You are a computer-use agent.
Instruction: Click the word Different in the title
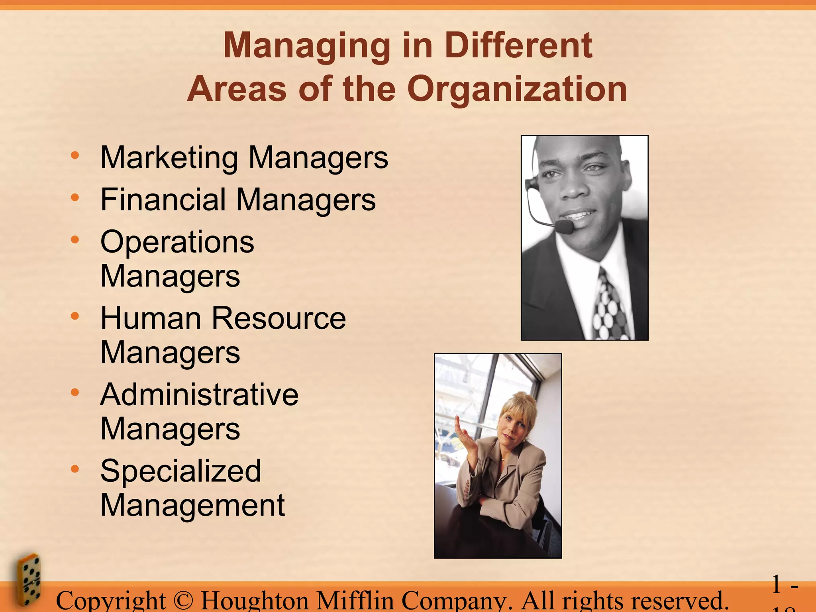click(x=518, y=45)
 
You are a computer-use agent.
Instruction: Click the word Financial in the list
click(x=163, y=200)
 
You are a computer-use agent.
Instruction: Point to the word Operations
click(x=177, y=242)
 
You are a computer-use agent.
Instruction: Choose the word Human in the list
click(x=151, y=318)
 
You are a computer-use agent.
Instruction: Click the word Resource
click(x=279, y=318)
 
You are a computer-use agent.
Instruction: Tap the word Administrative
click(x=199, y=395)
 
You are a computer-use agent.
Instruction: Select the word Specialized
click(x=180, y=471)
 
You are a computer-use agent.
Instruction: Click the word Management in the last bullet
click(x=192, y=505)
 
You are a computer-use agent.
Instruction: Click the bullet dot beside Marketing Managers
click(x=75, y=155)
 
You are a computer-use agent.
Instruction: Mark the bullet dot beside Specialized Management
click(x=75, y=469)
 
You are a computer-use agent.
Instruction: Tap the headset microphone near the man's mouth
click(x=564, y=227)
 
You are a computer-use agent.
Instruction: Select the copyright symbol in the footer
click(x=183, y=600)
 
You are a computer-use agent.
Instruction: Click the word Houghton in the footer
click(x=255, y=600)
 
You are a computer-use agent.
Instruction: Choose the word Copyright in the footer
click(x=111, y=601)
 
